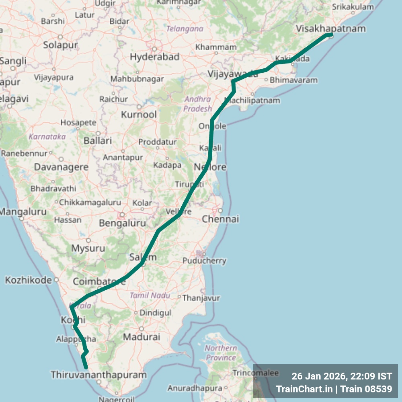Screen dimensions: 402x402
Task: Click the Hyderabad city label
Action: point(154,57)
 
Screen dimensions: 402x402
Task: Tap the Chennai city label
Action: point(220,219)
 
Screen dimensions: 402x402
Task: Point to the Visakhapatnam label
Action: point(330,29)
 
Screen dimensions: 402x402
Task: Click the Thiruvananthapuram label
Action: point(98,375)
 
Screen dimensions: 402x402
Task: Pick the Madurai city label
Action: point(142,337)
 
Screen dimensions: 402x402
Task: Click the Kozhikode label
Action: point(28,280)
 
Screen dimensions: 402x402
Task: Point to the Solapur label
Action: point(60,45)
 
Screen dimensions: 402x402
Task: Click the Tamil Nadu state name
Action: point(150,295)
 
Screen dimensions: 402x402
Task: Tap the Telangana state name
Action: point(185,29)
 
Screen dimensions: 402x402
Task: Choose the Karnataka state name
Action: point(47,137)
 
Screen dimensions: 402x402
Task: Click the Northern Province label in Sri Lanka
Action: point(220,353)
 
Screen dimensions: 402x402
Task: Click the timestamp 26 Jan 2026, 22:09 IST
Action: point(341,376)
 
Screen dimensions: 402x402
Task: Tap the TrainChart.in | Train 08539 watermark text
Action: point(334,389)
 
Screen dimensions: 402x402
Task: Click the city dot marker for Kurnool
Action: point(139,107)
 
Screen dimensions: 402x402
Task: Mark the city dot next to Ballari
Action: point(98,133)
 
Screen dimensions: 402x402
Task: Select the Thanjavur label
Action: point(201,298)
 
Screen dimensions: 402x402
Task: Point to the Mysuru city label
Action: point(88,248)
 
